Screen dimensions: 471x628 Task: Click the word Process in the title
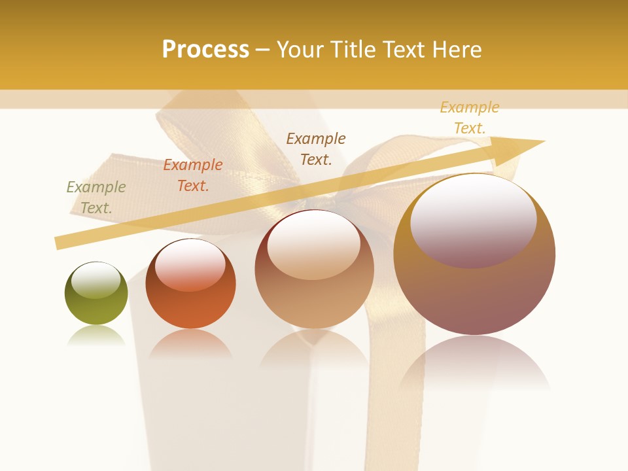pos(205,50)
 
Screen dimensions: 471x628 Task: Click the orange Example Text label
pos(193,175)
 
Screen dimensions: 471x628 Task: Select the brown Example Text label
pos(316,148)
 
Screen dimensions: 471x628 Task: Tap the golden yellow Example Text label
pos(470,118)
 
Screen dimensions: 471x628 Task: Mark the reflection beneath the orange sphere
pos(190,343)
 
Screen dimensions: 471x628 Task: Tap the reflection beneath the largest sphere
pos(474,363)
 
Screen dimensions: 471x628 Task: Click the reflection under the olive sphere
pos(96,335)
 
